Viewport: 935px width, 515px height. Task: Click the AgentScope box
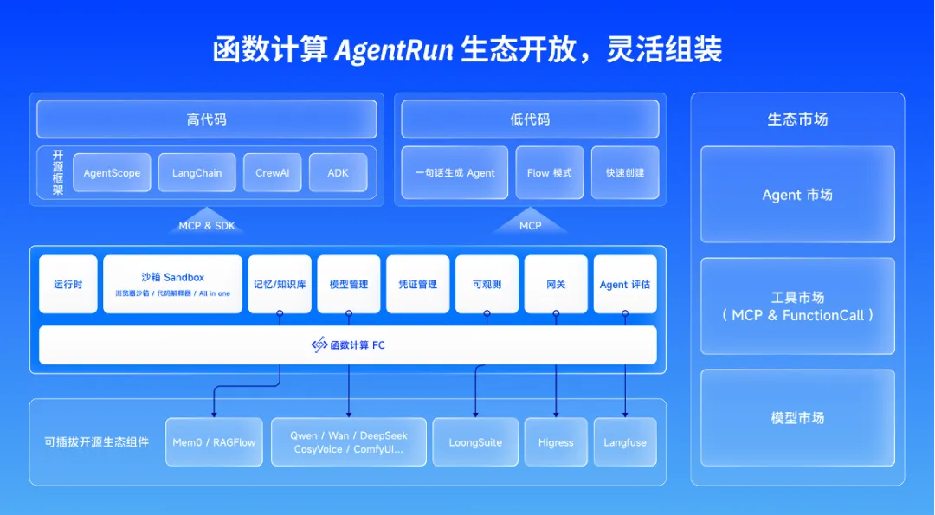click(x=112, y=173)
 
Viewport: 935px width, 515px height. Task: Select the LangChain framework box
click(x=197, y=173)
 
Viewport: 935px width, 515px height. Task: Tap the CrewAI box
click(x=272, y=173)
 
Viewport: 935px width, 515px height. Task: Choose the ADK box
click(x=338, y=173)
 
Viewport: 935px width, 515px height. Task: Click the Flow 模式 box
click(x=549, y=173)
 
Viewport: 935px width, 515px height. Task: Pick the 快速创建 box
click(x=624, y=173)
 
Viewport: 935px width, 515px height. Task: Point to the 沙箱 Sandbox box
click(x=172, y=284)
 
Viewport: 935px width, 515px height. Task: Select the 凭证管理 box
click(x=417, y=284)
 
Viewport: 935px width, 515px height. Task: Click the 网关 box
click(x=556, y=284)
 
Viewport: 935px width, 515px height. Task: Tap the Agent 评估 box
click(x=624, y=284)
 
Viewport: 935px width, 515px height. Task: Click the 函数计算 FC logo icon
click(x=319, y=344)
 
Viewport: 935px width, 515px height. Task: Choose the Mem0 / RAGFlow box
click(x=214, y=442)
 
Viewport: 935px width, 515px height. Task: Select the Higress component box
click(x=556, y=442)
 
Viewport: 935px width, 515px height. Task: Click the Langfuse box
click(x=624, y=442)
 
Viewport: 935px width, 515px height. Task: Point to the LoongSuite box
click(x=475, y=442)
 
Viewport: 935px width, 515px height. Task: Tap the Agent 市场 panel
click(x=797, y=195)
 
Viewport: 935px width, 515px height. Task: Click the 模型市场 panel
click(x=797, y=418)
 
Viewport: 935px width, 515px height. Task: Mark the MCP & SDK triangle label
click(x=206, y=224)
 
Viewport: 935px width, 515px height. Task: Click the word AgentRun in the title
click(x=394, y=50)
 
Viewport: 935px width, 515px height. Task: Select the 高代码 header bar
click(x=206, y=119)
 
